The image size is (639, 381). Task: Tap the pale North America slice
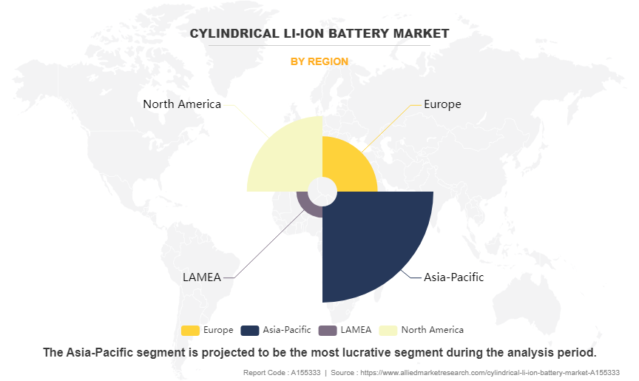tap(285, 155)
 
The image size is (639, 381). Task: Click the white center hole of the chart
tap(322, 192)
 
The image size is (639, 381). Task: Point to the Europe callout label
tap(442, 104)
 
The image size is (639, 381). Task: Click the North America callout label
tap(182, 104)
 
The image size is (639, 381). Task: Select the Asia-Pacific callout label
tap(453, 277)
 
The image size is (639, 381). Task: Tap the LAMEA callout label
tap(201, 277)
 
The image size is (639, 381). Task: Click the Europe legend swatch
tap(190, 330)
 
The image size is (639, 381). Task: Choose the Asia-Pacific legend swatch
tap(250, 330)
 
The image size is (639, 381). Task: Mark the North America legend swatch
tap(388, 330)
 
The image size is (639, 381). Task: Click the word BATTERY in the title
tap(332, 33)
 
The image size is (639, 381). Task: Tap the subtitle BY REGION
tap(319, 62)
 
